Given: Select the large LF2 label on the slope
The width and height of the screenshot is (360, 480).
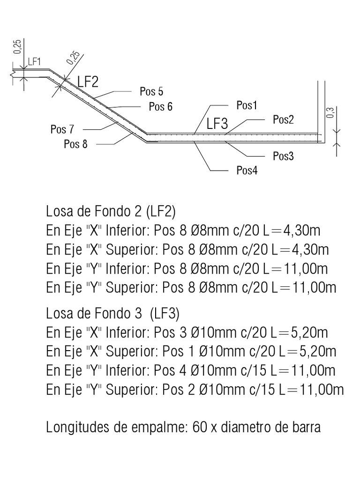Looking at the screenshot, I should coord(88,82).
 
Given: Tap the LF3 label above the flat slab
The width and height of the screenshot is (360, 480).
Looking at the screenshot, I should coord(217,124).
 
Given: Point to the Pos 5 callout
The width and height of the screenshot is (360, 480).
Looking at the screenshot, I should coord(151,90).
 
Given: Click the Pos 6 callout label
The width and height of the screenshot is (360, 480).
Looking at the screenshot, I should coord(160,106).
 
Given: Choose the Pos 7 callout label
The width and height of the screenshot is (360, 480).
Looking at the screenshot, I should coord(63,129).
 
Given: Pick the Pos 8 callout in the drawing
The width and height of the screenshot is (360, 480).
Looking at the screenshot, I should coord(76,144).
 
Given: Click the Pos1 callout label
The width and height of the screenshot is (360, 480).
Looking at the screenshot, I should coord(247,105).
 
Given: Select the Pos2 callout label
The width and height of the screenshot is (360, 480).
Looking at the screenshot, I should coord(283,120).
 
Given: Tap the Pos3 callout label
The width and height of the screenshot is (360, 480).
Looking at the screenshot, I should coord(283,156).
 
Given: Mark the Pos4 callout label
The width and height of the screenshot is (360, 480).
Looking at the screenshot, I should coord(247,170).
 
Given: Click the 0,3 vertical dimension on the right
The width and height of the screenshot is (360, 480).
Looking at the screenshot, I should coord(330,113).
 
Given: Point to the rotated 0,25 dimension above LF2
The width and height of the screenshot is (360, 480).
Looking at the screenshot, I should coord(73,57).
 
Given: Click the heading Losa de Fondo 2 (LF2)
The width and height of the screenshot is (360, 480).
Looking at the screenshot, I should coord(111,211).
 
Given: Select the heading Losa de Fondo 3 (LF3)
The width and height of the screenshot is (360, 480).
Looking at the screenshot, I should coord(112,313).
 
